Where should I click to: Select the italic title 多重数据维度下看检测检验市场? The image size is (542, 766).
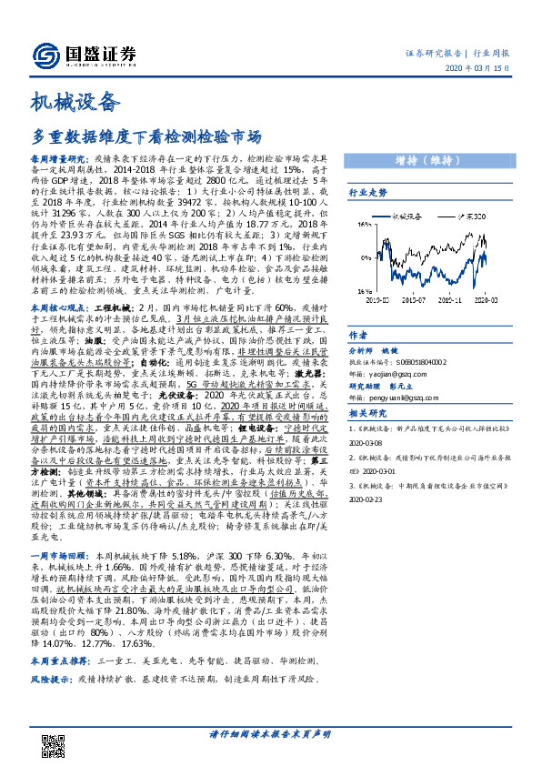click(x=146, y=137)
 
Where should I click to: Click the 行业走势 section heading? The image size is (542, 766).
click(x=367, y=193)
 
